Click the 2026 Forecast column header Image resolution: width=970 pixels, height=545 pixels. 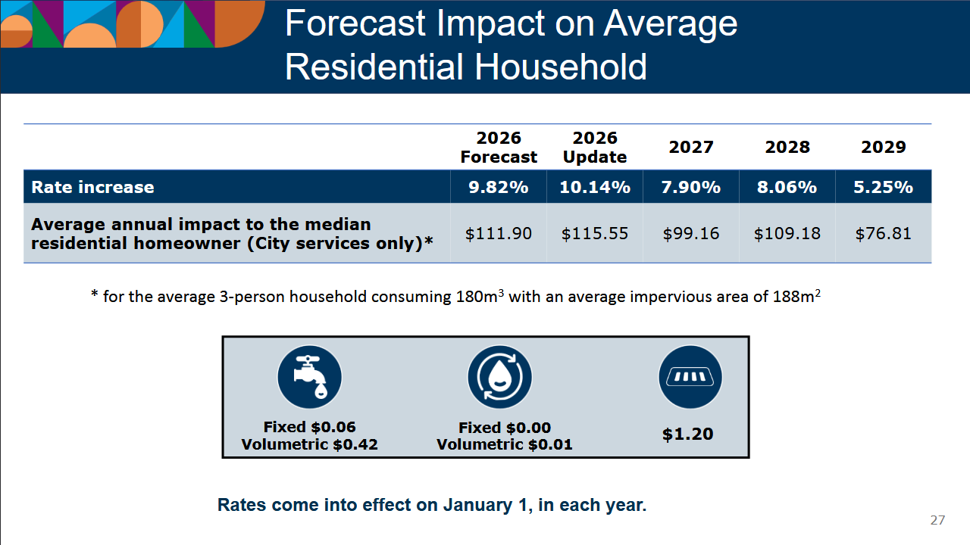pos(499,148)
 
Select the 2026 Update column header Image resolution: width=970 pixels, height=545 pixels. pos(595,148)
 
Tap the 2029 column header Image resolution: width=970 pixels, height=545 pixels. pos(884,148)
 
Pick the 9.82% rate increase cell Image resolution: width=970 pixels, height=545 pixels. pos(499,187)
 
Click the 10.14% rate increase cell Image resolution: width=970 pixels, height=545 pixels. pos(595,187)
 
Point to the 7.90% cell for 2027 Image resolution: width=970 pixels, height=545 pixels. pos(691,187)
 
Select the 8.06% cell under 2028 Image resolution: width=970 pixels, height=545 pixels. pos(787,187)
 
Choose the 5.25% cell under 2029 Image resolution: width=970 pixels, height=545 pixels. pos(884,187)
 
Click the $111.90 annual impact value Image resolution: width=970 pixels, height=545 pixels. pos(499,234)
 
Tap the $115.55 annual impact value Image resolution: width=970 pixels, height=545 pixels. pos(595,234)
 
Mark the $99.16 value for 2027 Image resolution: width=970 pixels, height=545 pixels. pos(691,234)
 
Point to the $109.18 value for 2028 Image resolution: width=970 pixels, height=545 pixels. pos(787,234)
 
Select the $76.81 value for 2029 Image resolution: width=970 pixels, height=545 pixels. pos(884,234)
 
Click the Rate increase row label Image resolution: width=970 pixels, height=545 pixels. pos(92,187)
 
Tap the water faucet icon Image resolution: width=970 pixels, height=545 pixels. pos(309,377)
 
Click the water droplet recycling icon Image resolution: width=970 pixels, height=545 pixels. pos(500,377)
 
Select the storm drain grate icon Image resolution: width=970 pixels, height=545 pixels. pos(690,377)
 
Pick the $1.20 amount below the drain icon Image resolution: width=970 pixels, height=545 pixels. pos(688,434)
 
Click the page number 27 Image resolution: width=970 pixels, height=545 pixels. pos(937,520)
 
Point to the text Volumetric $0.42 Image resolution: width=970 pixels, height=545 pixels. pos(309,444)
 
